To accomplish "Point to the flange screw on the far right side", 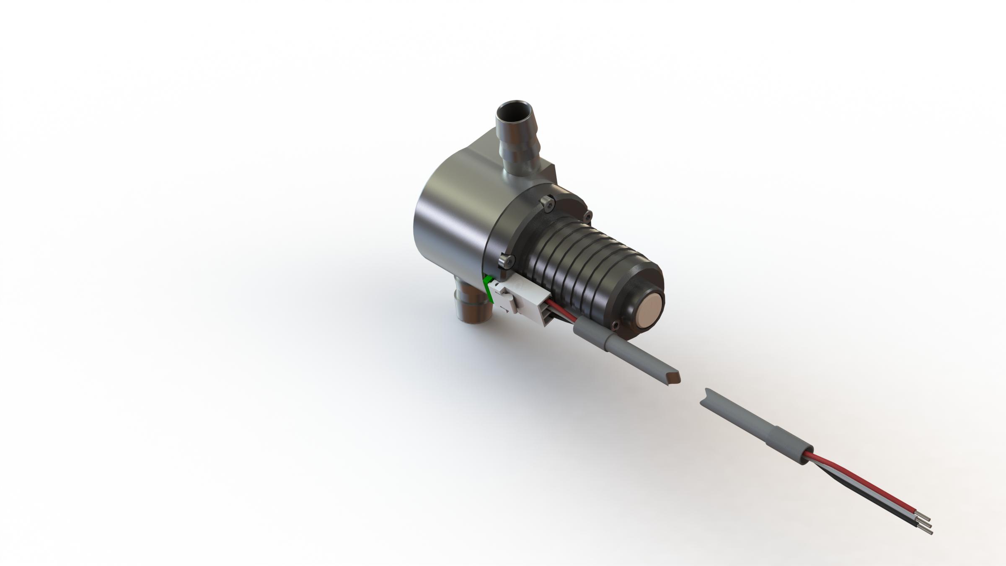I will pos(587,216).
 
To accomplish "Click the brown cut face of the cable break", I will pos(673,378).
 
